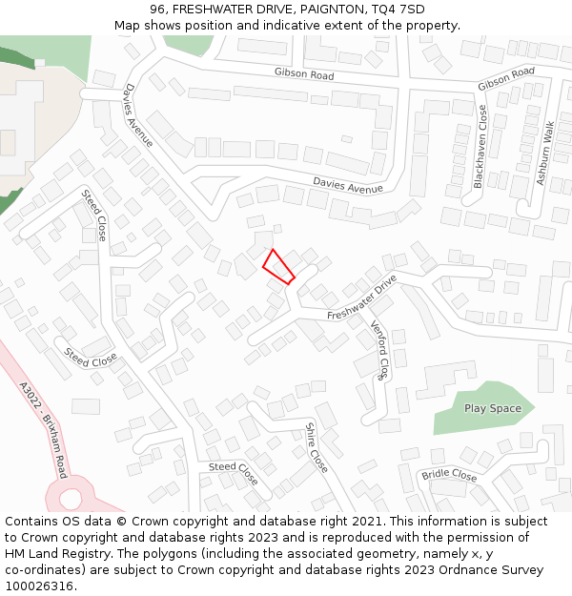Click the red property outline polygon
tap(277, 266)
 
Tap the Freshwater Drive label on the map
tap(361, 299)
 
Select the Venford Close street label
tap(379, 350)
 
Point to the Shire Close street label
tap(317, 447)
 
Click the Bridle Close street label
tap(449, 475)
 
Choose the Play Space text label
tap(493, 409)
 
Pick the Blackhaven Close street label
tap(480, 147)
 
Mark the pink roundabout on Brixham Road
tap(70, 496)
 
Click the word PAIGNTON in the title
tap(327, 10)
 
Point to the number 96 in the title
tap(158, 10)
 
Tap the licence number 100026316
tap(39, 586)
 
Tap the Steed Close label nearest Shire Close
tap(234, 472)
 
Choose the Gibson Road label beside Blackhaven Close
tap(506, 78)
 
